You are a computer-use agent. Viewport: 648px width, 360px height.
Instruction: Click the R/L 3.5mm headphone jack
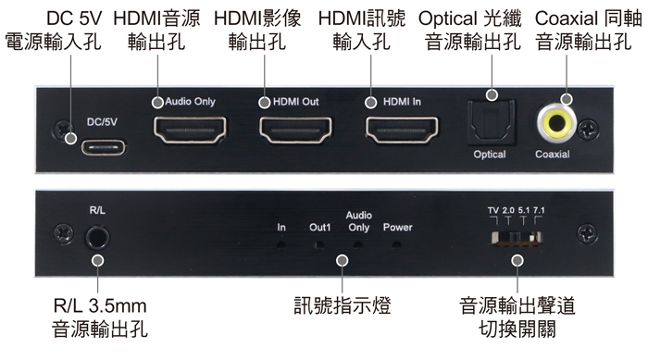pos(97,237)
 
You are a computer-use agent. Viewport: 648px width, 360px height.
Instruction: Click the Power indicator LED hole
pos(398,245)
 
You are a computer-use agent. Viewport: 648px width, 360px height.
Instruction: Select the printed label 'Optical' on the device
pos(490,155)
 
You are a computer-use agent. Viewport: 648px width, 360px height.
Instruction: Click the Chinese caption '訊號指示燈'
pos(342,305)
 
